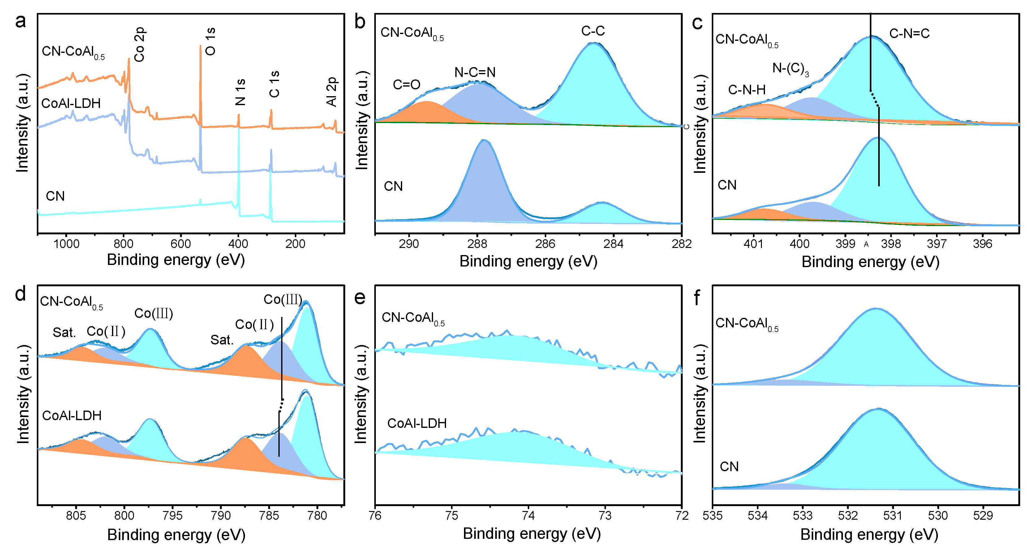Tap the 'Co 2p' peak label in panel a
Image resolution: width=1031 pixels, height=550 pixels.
pyautogui.click(x=139, y=45)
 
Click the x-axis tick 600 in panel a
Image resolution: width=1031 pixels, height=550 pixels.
pyautogui.click(x=181, y=244)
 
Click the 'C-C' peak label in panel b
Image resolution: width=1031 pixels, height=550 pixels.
pyautogui.click(x=593, y=31)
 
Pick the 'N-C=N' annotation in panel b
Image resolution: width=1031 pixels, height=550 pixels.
pyautogui.click(x=475, y=72)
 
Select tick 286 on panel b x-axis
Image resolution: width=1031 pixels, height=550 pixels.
pyautogui.click(x=545, y=244)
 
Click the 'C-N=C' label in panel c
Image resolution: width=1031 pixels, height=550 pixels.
pyautogui.click(x=909, y=34)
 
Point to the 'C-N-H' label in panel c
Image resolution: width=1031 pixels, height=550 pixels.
pyautogui.click(x=746, y=90)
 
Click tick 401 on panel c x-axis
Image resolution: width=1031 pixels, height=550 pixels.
pyautogui.click(x=753, y=244)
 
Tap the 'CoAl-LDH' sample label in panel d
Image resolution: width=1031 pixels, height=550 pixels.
pyautogui.click(x=72, y=416)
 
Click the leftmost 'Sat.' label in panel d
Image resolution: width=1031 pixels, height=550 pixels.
pyautogui.click(x=64, y=332)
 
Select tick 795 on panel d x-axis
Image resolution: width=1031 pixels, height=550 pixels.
pyautogui.click(x=173, y=515)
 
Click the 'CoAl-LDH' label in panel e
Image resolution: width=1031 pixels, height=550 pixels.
pyautogui.click(x=417, y=423)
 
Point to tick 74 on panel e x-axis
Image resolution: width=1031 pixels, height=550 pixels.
pyautogui.click(x=528, y=515)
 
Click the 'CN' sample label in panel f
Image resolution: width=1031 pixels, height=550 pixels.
pyautogui.click(x=729, y=467)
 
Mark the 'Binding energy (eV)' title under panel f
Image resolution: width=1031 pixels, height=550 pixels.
pyautogui.click(x=869, y=535)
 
